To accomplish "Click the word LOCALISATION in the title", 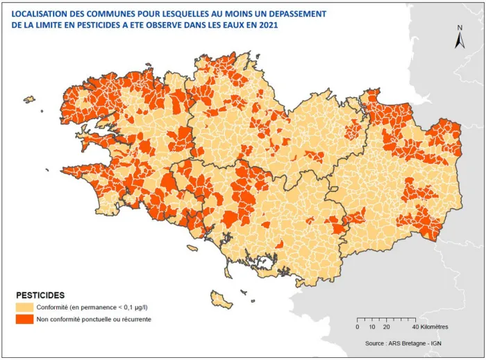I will click(43, 13).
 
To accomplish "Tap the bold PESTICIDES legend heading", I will click(40, 295).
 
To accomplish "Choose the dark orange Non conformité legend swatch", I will click(25, 319).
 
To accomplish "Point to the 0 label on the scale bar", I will click(358, 327).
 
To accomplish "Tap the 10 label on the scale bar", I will click(372, 327).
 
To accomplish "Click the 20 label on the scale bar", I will click(387, 327).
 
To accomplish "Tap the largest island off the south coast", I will click(221, 300).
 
